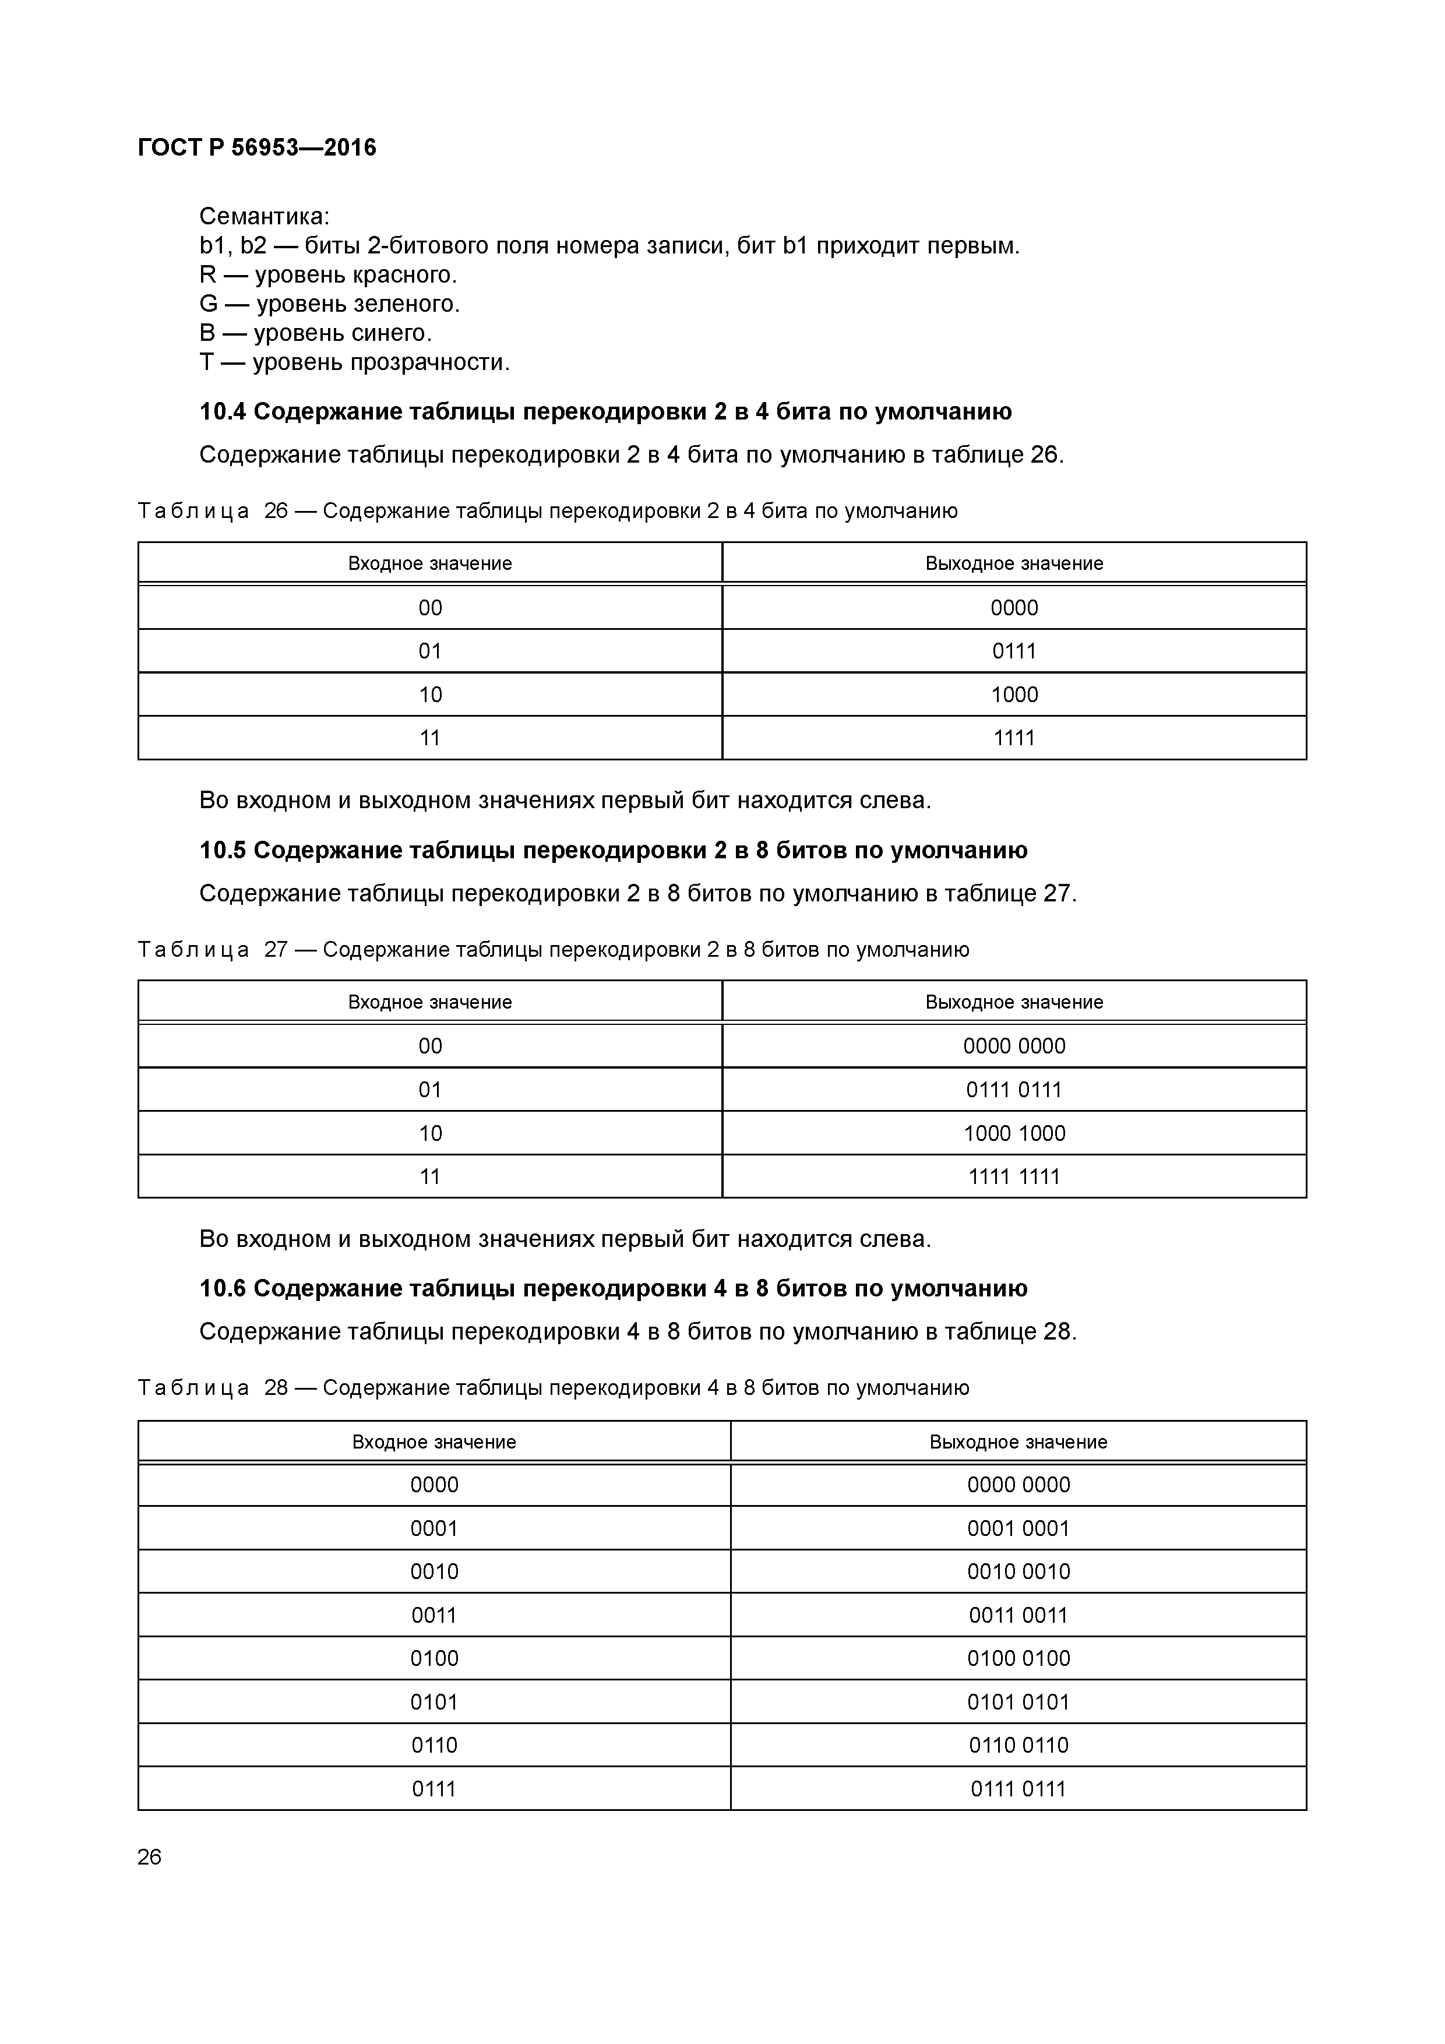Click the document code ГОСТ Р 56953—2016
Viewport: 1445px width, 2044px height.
[x=258, y=148]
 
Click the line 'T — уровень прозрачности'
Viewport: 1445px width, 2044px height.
[x=354, y=362]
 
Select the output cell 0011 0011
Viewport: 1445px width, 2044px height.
[x=1018, y=1615]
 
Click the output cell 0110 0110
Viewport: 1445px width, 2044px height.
[x=1018, y=1745]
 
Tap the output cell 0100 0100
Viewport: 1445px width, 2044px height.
[x=1018, y=1658]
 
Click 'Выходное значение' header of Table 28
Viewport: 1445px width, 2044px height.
[x=1018, y=1442]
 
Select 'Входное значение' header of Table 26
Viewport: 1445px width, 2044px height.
[x=429, y=563]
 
